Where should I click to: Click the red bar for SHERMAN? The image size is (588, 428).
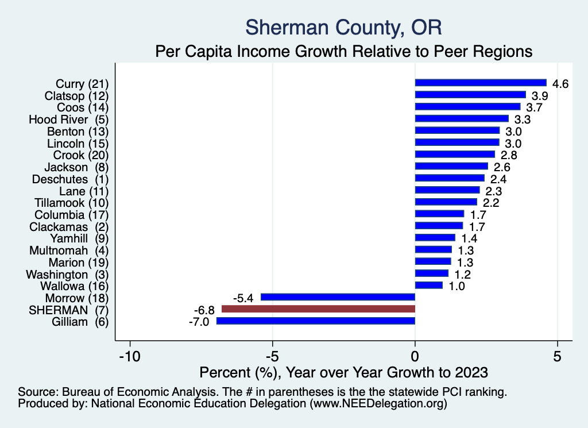pyautogui.click(x=318, y=309)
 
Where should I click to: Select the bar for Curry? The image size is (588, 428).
pyautogui.click(x=480, y=83)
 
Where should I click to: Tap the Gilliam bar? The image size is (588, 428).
pyautogui.click(x=315, y=321)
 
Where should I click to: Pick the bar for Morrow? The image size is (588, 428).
pyautogui.click(x=338, y=297)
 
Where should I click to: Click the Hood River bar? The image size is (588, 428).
pyautogui.click(x=462, y=119)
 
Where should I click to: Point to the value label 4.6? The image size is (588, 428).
pyautogui.click(x=560, y=84)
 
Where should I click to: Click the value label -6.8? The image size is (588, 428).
pyautogui.click(x=205, y=310)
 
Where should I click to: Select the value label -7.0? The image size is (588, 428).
pyautogui.click(x=200, y=322)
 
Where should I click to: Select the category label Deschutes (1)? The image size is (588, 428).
pyautogui.click(x=77, y=179)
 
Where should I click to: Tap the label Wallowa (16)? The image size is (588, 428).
pyautogui.click(x=75, y=286)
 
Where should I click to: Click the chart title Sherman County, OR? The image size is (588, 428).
pyautogui.click(x=344, y=28)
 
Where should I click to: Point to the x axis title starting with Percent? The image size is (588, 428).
pyautogui.click(x=343, y=372)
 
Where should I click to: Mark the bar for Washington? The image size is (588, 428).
pyautogui.click(x=431, y=273)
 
